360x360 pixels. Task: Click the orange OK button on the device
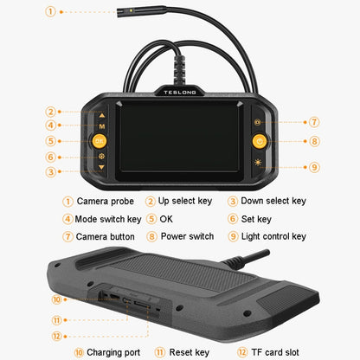point(100,141)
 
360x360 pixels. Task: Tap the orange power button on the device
point(260,141)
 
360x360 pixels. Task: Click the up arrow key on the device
point(102,115)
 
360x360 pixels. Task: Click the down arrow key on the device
point(101,167)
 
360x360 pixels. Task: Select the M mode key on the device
point(102,126)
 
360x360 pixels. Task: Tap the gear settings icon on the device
point(101,157)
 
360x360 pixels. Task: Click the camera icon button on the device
point(258,122)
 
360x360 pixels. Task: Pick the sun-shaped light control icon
point(258,163)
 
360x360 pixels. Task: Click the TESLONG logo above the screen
point(180,93)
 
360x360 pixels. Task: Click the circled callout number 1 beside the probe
point(50,12)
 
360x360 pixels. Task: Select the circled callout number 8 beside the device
point(314,141)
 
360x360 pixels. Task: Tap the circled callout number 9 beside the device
point(314,167)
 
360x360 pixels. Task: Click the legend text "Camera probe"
point(106,201)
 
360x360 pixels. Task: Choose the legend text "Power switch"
point(187,236)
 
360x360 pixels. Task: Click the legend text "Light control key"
point(273,236)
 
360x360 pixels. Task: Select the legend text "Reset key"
point(190,352)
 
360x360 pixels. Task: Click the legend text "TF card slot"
point(275,352)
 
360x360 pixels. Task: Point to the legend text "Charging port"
point(113,352)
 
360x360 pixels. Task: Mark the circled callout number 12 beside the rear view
point(57,337)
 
